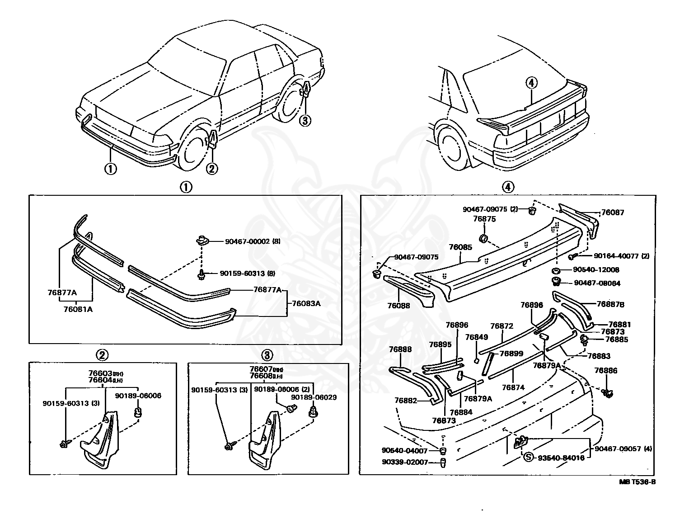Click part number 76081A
[x=77, y=310]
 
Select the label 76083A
[x=306, y=303]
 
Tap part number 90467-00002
[x=247, y=241]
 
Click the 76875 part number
[x=484, y=219]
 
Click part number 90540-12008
[x=596, y=270]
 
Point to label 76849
[x=477, y=337]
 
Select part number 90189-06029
[x=314, y=397]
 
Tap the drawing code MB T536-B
[x=637, y=482]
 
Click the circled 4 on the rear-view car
[x=531, y=83]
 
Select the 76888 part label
[x=401, y=349]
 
